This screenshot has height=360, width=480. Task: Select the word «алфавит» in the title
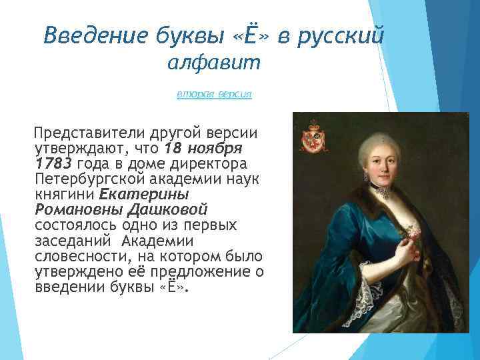coord(215,64)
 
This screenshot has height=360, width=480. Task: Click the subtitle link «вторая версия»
coord(214,95)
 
